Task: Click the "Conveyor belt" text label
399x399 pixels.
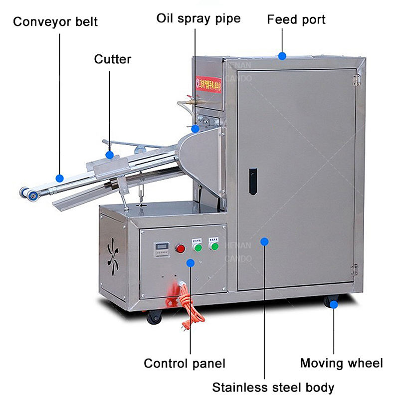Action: click(55, 22)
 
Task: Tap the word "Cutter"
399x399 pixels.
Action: click(112, 59)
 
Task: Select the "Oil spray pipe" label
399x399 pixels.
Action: click(199, 19)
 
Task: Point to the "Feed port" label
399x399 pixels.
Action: click(296, 20)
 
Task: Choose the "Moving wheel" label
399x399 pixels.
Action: click(341, 363)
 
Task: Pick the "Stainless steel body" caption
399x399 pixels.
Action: click(273, 387)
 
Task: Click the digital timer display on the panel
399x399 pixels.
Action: click(161, 247)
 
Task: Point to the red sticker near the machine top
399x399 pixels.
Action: click(208, 84)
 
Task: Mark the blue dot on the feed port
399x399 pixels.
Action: click(282, 56)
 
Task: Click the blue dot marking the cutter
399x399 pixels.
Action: click(110, 155)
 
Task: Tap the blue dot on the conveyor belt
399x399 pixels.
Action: click(60, 178)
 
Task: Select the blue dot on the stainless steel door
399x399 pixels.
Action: click(264, 242)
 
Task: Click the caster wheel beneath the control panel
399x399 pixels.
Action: click(154, 316)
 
